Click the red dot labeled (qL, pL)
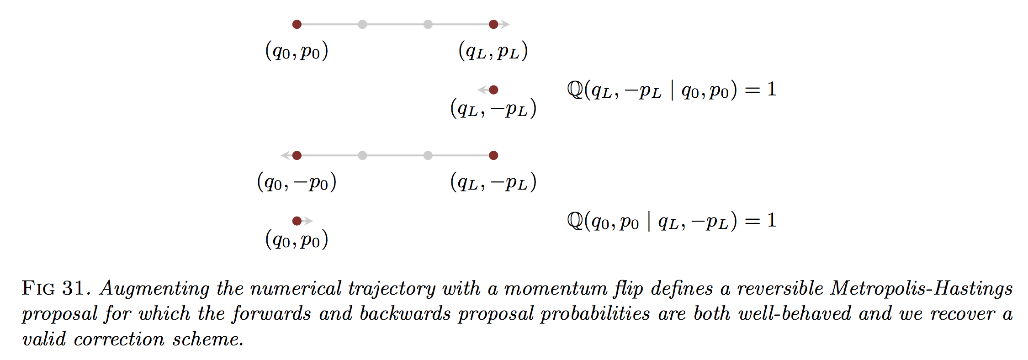[x=493, y=24]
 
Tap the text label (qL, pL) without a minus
[x=493, y=51]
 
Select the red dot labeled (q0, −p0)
[x=297, y=155]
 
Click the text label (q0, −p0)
[x=297, y=182]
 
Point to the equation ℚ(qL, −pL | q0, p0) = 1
[x=672, y=90]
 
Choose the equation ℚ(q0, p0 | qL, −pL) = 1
[x=672, y=221]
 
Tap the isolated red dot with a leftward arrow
[x=493, y=90]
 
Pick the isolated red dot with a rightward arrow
[x=297, y=221]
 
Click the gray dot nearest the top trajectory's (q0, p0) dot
[x=362, y=24]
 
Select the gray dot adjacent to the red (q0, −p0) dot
[x=362, y=155]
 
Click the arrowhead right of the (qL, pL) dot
[x=505, y=24]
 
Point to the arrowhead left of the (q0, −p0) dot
[x=286, y=155]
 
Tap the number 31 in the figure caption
[x=73, y=288]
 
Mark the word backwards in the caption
[x=405, y=313]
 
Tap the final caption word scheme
[x=208, y=339]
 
